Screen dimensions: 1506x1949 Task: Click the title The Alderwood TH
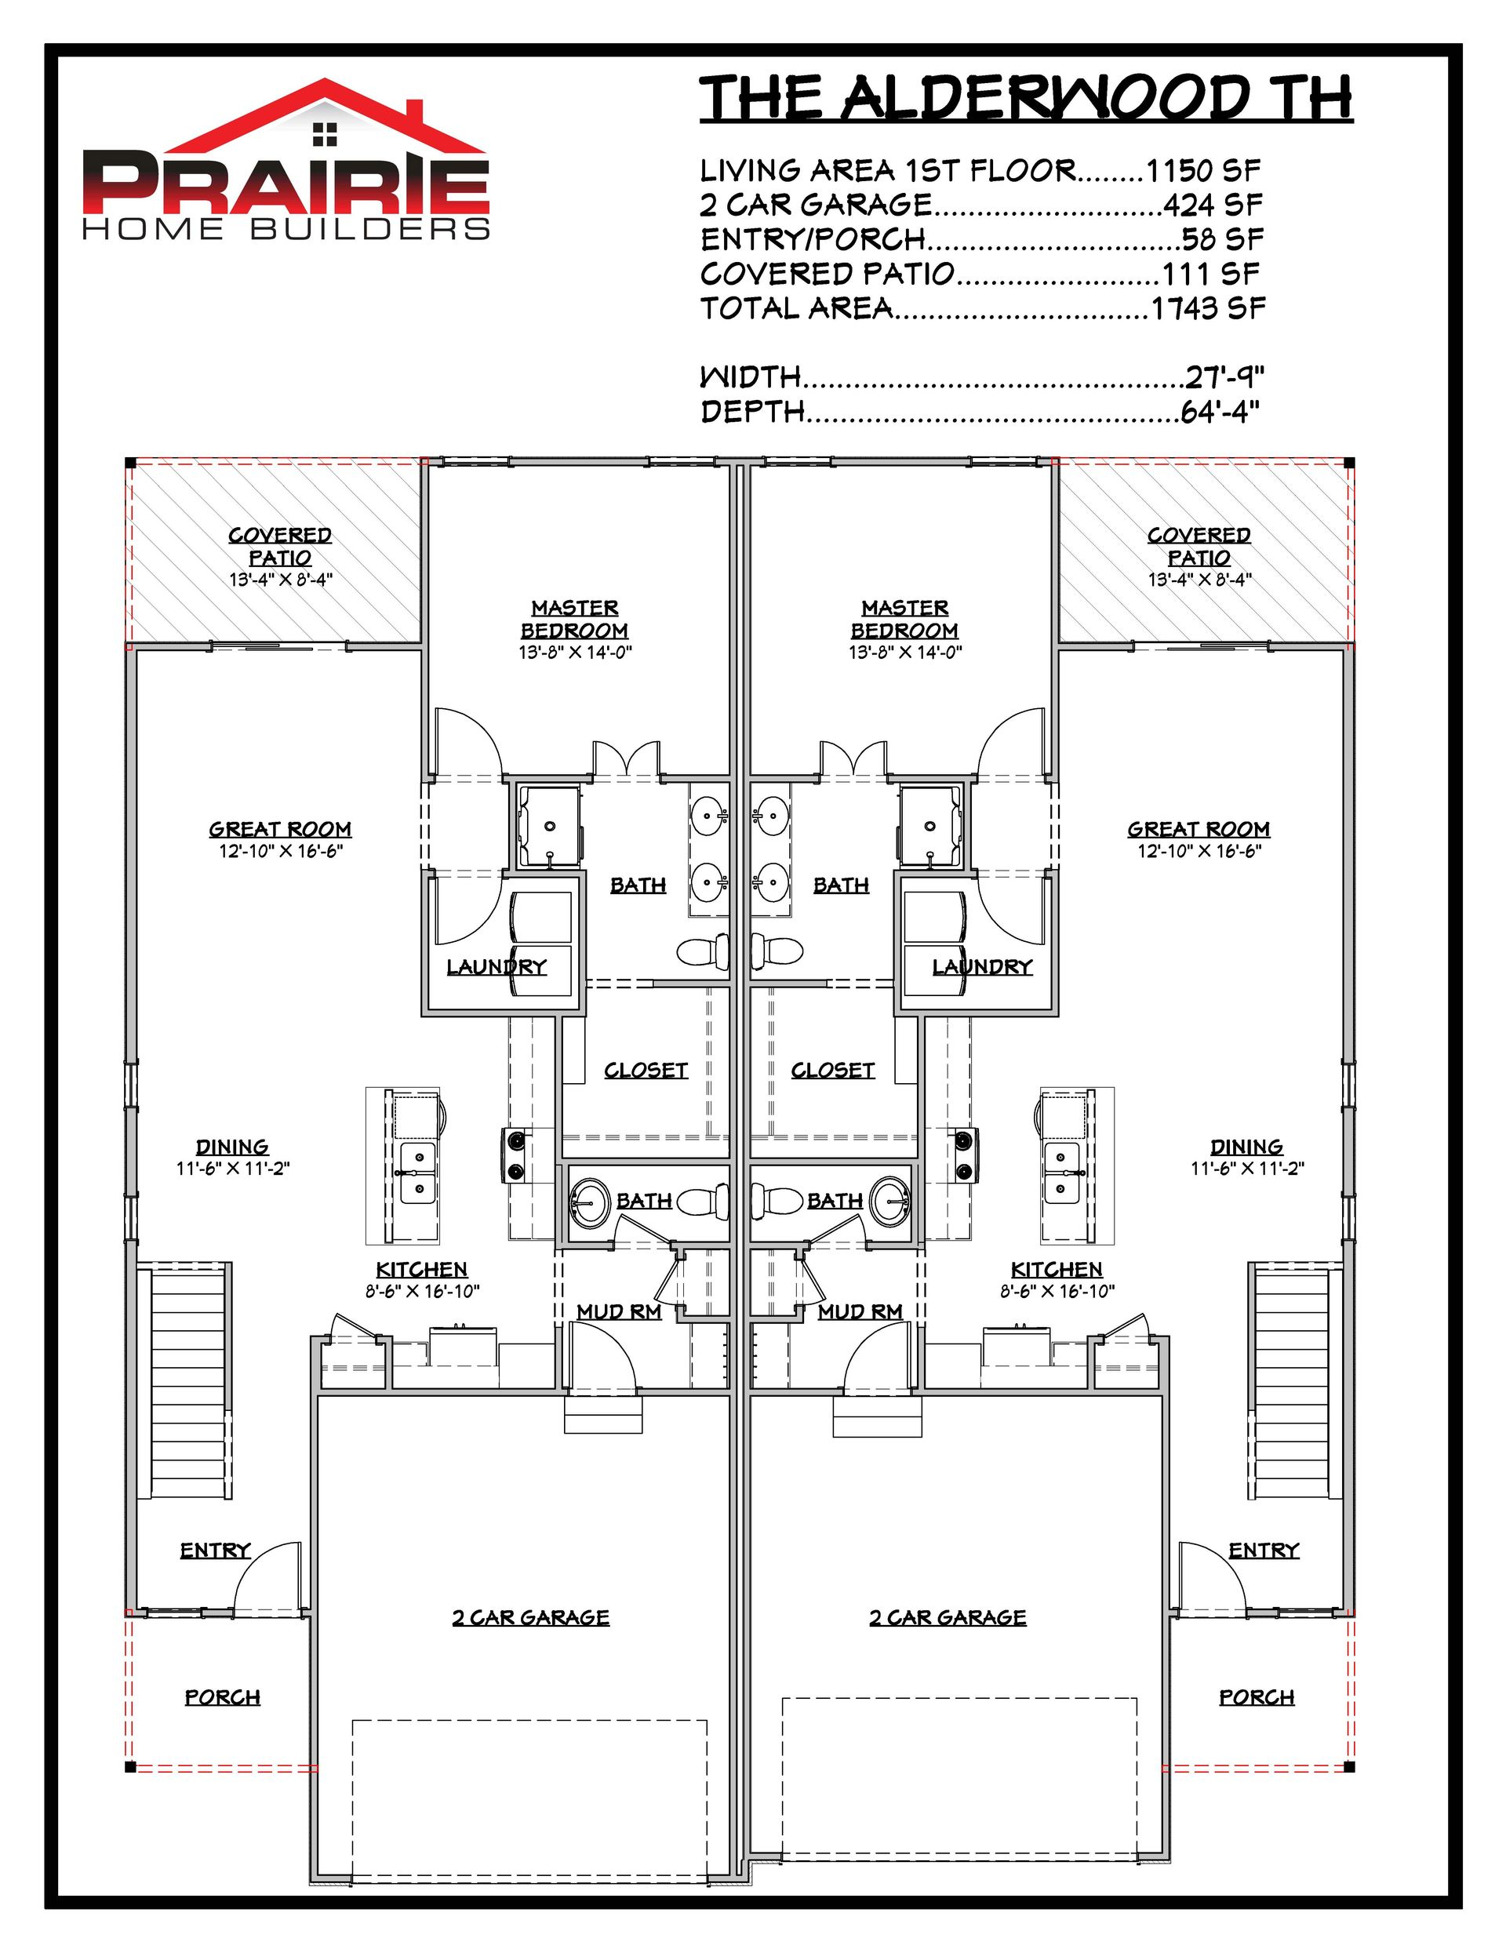pyautogui.click(x=1026, y=97)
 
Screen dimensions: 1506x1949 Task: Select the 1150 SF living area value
pyautogui.click(x=1202, y=169)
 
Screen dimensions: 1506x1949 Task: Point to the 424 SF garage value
pyautogui.click(x=1213, y=205)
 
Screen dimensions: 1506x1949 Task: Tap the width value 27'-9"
pyautogui.click(x=1224, y=376)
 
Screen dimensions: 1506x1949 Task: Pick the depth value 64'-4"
pyautogui.click(x=1220, y=412)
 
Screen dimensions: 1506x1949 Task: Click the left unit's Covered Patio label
pyautogui.click(x=280, y=546)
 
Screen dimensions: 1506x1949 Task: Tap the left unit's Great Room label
pyautogui.click(x=280, y=829)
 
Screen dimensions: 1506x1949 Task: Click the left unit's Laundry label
pyautogui.click(x=497, y=966)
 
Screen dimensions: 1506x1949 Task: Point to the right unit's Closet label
pyautogui.click(x=833, y=1070)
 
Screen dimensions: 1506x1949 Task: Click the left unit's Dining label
pyautogui.click(x=232, y=1147)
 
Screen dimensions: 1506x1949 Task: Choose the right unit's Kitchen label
pyautogui.click(x=1057, y=1269)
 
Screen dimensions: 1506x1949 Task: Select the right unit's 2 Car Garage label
pyautogui.click(x=948, y=1618)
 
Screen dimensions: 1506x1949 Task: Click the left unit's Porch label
pyautogui.click(x=222, y=1697)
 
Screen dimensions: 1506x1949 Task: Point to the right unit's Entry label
pyautogui.click(x=1264, y=1550)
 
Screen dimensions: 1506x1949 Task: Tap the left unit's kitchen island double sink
pyautogui.click(x=417, y=1172)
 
